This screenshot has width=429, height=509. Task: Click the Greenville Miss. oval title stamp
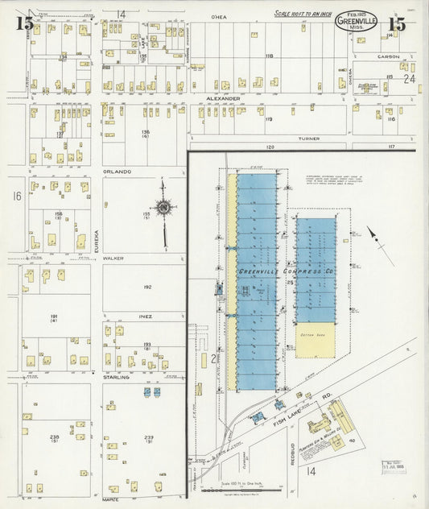coord(356,20)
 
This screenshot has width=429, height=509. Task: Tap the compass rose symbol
coord(163,208)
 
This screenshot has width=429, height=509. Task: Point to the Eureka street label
coord(96,238)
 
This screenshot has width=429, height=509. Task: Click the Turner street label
coord(309,138)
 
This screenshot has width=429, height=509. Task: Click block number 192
coord(146,287)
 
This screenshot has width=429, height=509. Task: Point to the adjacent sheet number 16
coord(15,196)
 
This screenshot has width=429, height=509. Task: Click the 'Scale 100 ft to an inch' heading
coord(302,13)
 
